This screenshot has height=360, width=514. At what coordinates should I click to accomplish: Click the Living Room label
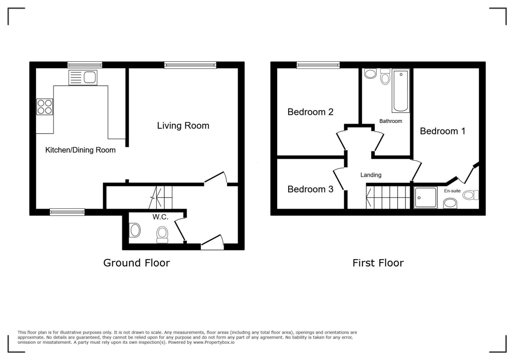pos(183,126)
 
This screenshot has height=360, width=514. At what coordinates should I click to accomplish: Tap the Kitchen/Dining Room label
pos(81,150)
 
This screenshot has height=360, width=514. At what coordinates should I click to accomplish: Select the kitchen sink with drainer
pos(83,78)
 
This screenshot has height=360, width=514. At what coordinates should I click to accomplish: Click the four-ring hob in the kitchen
pos(45,107)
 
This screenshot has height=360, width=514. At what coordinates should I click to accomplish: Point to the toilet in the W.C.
pos(162,235)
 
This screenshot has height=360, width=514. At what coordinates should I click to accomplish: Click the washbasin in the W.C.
pos(134,230)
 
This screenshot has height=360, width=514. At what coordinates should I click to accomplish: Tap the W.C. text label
pos(160,217)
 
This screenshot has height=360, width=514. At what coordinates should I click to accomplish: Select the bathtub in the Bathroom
pos(400,91)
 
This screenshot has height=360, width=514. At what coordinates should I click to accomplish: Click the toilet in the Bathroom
pos(385,76)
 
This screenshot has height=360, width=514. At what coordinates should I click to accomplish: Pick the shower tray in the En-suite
pos(425,198)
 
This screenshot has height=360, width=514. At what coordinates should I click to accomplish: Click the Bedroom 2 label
pos(310,112)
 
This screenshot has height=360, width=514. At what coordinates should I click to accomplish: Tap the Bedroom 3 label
pos(310,189)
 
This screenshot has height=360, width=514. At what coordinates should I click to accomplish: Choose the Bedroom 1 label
pos(442,131)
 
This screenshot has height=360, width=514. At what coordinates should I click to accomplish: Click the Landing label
pos(371,175)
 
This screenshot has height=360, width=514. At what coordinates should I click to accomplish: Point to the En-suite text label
pos(452,191)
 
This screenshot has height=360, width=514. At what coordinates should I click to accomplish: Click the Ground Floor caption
pos(137,263)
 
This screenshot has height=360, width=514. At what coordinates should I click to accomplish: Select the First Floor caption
pos(378,263)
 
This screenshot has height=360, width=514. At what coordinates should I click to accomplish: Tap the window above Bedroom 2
pos(318,65)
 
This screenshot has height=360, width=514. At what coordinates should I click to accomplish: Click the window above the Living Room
pos(190,65)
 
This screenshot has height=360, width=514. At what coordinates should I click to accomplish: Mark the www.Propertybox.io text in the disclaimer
pos(214,342)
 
